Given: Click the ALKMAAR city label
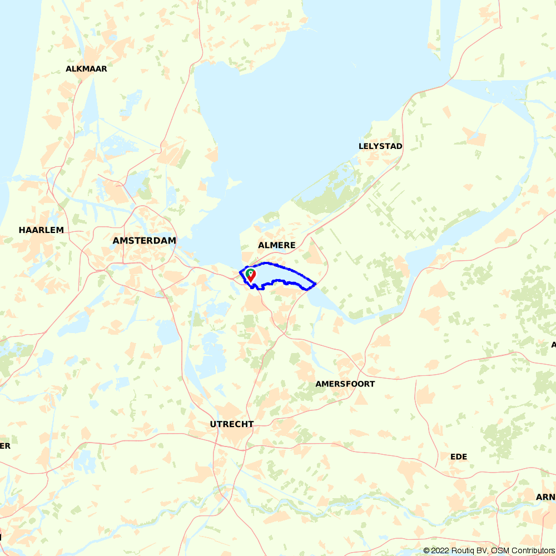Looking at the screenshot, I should click(x=86, y=69).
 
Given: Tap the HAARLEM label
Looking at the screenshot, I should click(x=41, y=230).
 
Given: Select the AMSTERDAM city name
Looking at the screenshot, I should click(x=144, y=241).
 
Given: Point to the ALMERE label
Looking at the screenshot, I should click(x=276, y=245).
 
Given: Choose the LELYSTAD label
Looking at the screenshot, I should click(x=381, y=146).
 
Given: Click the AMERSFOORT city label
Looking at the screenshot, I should click(x=345, y=384).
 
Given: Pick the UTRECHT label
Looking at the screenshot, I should click(x=232, y=424).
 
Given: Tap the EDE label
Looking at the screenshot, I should click(x=459, y=456).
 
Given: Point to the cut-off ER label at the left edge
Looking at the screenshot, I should click(x=5, y=445).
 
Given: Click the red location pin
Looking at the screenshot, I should click(x=251, y=275).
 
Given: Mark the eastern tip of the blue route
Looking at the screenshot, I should click(x=316, y=284).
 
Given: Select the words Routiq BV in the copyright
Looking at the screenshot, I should click(x=468, y=550).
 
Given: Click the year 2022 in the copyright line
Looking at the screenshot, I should click(x=439, y=550).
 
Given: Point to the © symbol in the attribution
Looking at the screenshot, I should click(x=426, y=550).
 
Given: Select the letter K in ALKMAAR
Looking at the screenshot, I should click(x=79, y=69).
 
